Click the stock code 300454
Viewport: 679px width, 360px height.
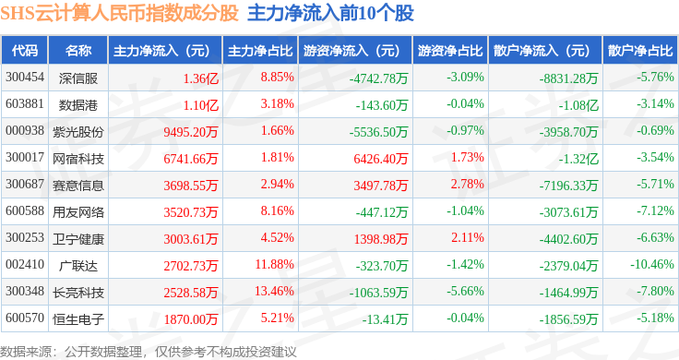(25, 78)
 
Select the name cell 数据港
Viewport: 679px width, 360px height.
(78, 105)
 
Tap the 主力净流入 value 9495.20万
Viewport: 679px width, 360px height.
(191, 132)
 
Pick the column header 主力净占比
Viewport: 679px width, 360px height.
(260, 51)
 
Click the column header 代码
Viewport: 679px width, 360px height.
(25, 51)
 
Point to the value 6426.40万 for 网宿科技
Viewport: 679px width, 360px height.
(381, 159)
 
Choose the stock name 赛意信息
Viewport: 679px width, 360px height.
(78, 186)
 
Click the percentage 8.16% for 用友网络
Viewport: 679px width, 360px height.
(277, 211)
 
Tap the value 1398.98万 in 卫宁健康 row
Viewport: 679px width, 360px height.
(381, 239)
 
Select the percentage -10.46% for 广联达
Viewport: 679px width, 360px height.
(652, 264)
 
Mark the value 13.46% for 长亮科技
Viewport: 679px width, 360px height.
(275, 291)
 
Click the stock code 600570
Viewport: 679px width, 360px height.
(25, 318)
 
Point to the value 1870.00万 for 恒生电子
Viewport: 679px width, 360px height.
(191, 319)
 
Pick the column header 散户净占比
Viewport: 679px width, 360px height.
(640, 51)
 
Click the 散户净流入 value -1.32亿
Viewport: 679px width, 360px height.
(578, 159)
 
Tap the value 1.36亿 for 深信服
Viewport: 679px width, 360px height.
(201, 78)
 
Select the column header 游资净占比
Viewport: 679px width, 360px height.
(450, 51)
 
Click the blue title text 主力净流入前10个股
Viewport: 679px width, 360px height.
(331, 14)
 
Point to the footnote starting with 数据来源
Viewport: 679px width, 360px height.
(149, 352)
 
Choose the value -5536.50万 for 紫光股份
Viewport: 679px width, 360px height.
(378, 132)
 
